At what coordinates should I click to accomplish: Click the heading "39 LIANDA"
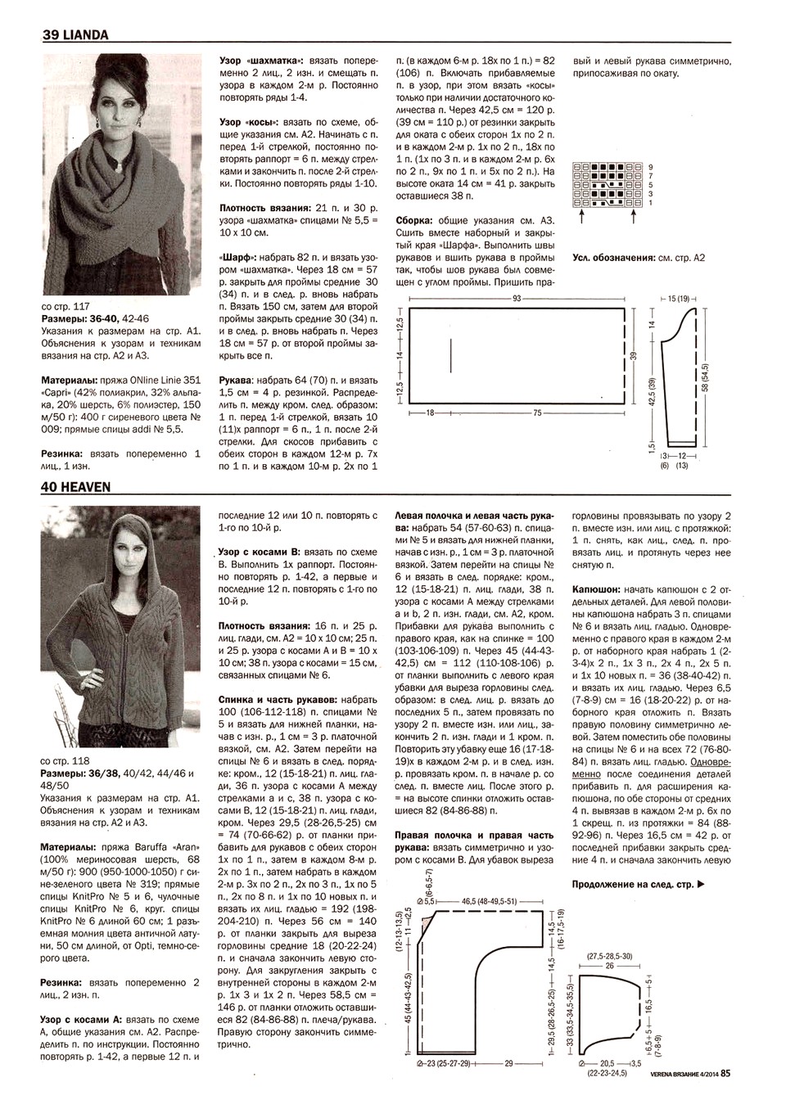(x=75, y=35)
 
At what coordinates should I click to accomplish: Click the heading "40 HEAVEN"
(x=76, y=487)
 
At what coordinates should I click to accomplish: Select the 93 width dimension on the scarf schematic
(x=517, y=299)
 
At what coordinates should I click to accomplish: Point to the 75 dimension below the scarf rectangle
(x=538, y=413)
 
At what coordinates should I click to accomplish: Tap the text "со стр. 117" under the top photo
(x=65, y=306)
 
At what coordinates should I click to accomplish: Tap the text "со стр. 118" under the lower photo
(x=65, y=760)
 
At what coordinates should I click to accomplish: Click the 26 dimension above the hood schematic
(x=610, y=966)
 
